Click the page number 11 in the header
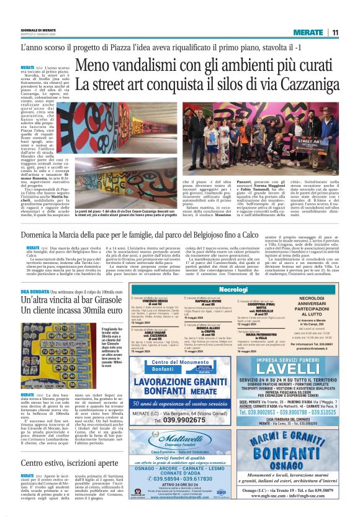click(335, 32)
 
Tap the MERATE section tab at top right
click(308, 32)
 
